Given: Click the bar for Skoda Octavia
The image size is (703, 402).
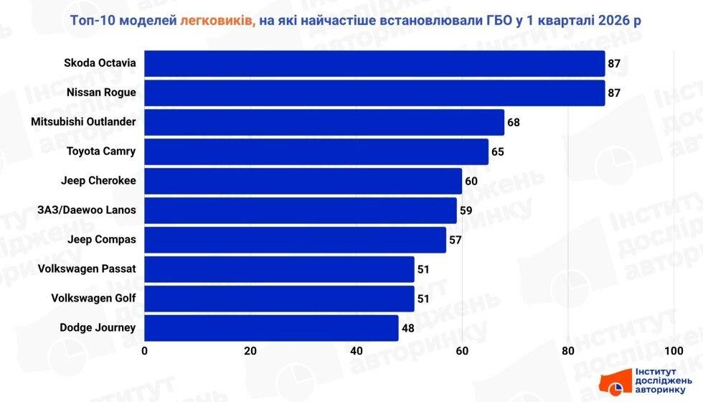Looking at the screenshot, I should coord(374,63).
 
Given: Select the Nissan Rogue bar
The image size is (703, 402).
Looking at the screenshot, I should coord(374,93).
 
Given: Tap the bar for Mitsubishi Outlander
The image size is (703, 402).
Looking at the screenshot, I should coord(324,122).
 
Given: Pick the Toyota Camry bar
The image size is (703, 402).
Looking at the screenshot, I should coord(316,151).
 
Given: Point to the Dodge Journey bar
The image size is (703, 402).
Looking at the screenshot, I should coord(271,328).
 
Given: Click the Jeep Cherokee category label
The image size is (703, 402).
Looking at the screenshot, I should coord(101,180).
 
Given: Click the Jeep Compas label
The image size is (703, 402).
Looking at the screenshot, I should coord(101,239).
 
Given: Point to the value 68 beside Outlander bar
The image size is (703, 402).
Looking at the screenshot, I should coord(514,123).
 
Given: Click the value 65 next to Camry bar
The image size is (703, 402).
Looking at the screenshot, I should coord(498,152).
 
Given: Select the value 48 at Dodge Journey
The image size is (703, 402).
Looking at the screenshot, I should coord(407,329).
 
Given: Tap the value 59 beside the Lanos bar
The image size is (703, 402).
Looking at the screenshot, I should coord(466,211).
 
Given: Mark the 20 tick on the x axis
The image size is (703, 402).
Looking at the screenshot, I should coord(250,351).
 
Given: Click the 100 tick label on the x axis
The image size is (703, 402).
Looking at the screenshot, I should coord(673,351).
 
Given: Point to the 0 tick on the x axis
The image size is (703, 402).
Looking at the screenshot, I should coord(145,351).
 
